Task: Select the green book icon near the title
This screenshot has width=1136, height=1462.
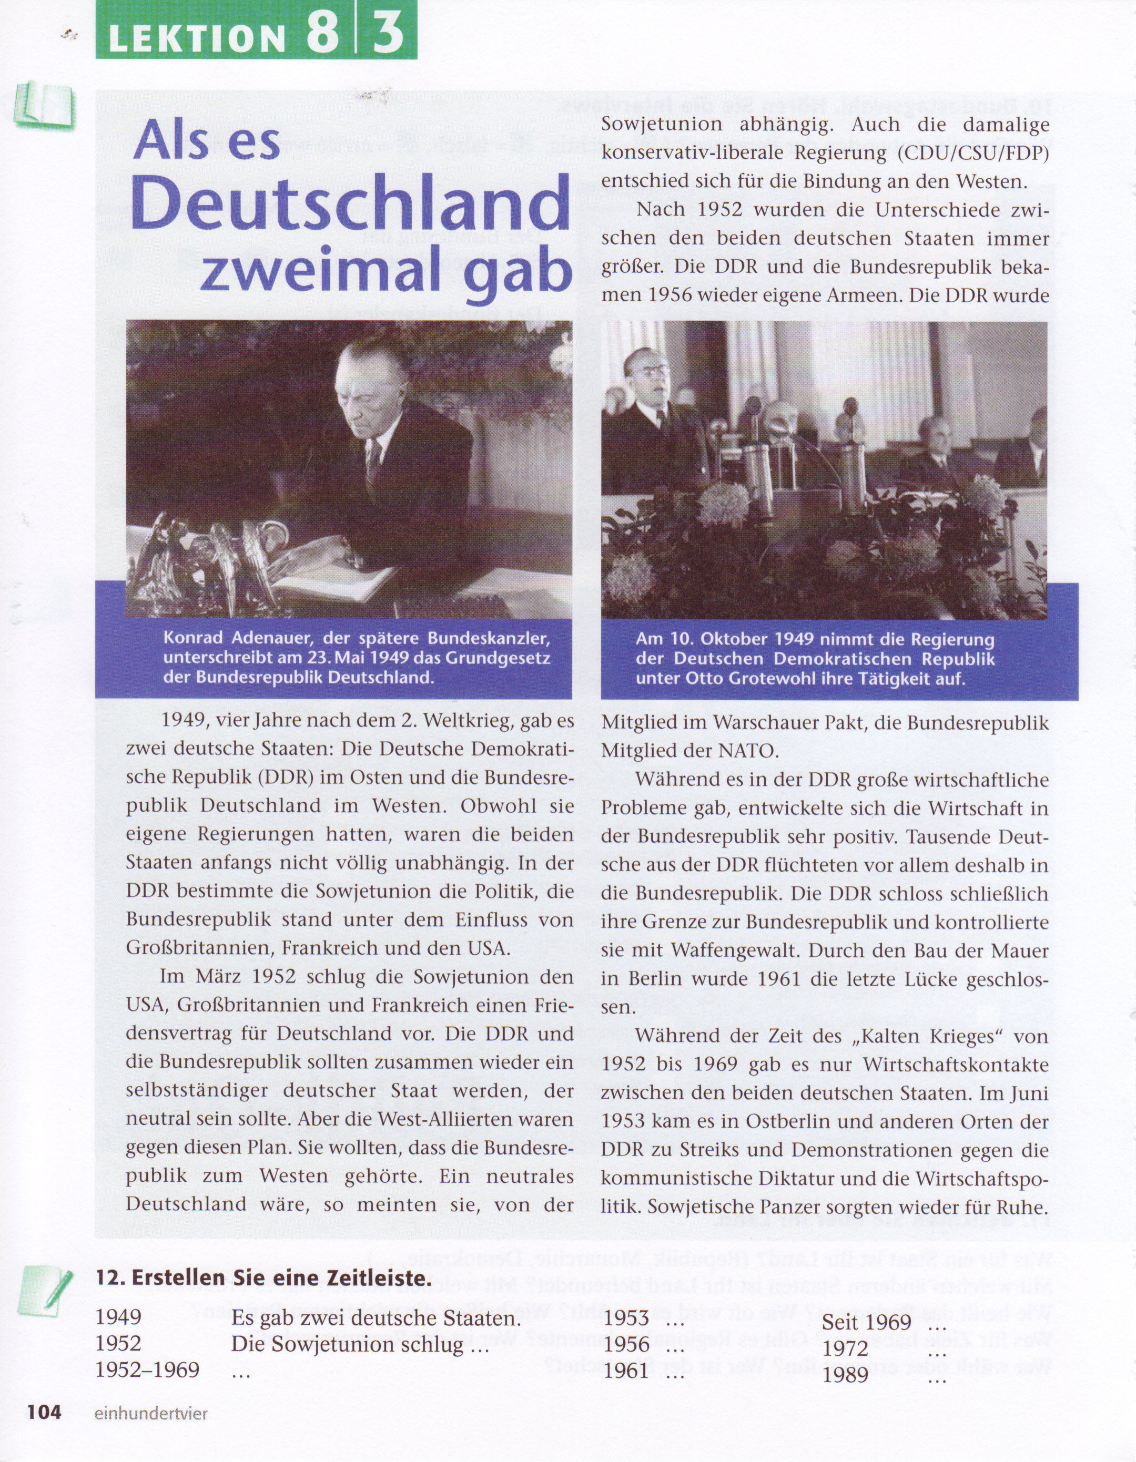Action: pos(44,105)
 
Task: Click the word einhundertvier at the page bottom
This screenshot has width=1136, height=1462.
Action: pos(151,1413)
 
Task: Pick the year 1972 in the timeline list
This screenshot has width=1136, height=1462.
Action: pos(845,1348)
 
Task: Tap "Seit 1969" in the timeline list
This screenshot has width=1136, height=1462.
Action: pos(866,1322)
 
